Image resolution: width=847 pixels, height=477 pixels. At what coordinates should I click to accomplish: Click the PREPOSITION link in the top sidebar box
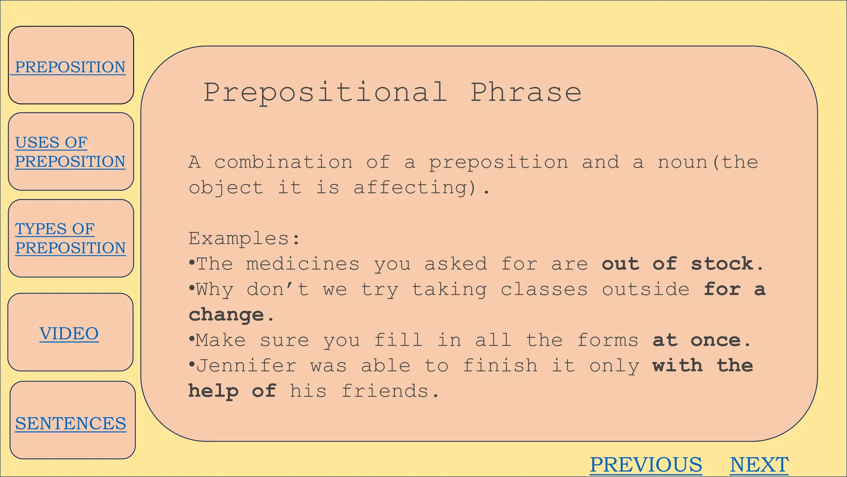(70, 67)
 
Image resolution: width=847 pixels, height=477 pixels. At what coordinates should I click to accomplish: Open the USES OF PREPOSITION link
(70, 152)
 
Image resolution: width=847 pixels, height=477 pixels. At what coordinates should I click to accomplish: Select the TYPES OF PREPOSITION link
(70, 238)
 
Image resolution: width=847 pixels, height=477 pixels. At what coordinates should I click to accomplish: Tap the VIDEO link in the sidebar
(69, 334)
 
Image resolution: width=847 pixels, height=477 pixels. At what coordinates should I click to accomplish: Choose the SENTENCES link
(70, 424)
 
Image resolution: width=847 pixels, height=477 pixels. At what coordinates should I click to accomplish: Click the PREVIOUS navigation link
(646, 465)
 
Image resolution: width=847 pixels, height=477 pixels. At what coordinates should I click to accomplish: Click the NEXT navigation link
(759, 465)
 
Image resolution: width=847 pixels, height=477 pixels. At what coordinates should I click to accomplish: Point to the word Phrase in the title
(526, 92)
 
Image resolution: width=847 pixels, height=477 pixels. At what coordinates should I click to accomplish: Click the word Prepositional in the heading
(325, 92)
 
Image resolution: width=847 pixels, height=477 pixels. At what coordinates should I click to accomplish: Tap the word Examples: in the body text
(244, 238)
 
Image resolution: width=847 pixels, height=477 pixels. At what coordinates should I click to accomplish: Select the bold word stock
(722, 264)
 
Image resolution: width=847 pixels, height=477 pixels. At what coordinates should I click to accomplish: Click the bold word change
(226, 315)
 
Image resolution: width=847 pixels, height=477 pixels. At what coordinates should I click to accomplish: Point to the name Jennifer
(246, 366)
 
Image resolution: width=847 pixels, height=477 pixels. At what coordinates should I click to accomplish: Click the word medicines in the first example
(303, 264)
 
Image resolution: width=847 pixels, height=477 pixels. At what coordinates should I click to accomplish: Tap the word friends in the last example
(385, 391)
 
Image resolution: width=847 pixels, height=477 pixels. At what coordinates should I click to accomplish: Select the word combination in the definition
(283, 162)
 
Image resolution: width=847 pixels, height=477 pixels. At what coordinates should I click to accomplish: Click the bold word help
(213, 391)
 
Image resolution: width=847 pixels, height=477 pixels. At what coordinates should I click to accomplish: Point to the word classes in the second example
(544, 289)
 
